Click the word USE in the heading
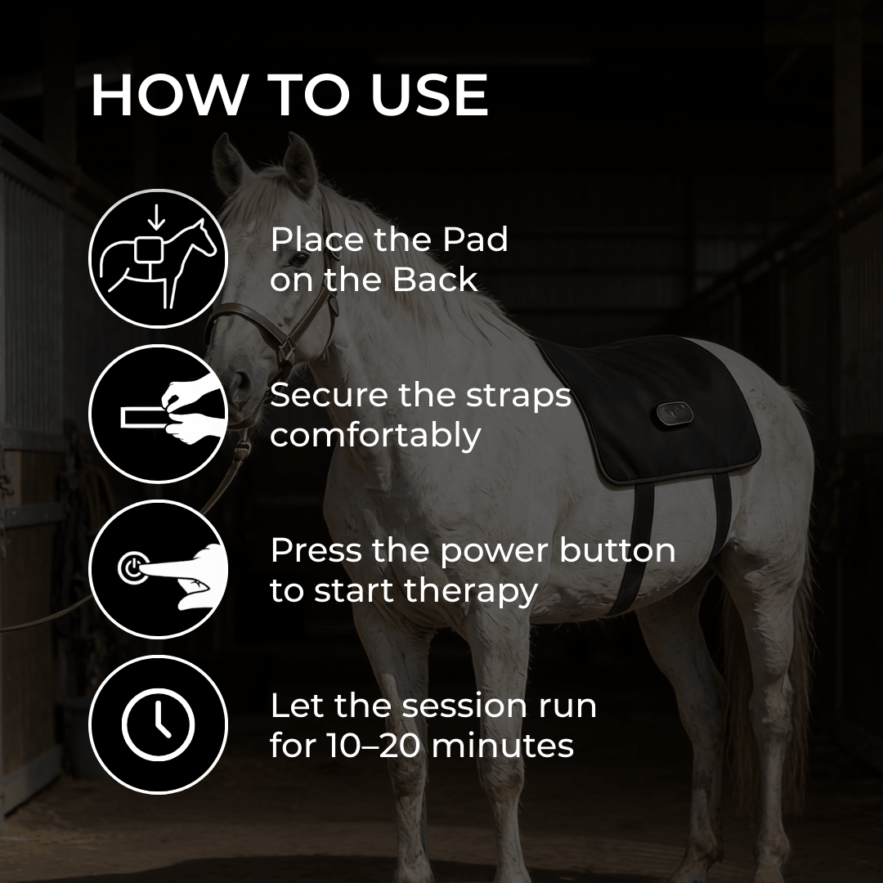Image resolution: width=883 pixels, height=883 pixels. (x=429, y=95)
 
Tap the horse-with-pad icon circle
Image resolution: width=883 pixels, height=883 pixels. (x=159, y=259)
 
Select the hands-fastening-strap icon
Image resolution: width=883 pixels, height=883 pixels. (x=159, y=414)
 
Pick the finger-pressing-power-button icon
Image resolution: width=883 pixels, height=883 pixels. (x=159, y=569)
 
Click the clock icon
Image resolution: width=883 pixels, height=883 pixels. (x=159, y=724)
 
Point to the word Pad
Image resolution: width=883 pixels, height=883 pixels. (x=475, y=240)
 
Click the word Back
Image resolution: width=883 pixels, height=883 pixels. (x=435, y=280)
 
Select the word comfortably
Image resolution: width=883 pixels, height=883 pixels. (x=375, y=435)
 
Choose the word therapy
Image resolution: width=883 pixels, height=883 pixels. (x=471, y=591)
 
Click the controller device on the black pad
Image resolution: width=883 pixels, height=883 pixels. (x=674, y=414)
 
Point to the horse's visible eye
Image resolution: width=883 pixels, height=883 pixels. (x=299, y=259)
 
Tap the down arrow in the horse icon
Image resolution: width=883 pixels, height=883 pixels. (x=156, y=219)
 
